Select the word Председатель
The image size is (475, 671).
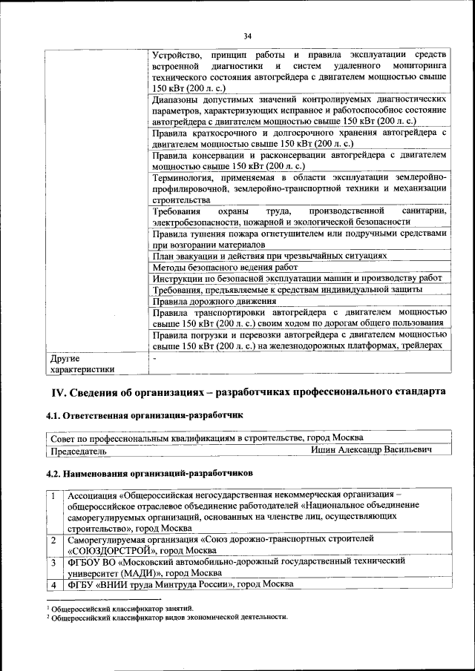pos(78,450)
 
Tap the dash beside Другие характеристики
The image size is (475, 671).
pos(154,358)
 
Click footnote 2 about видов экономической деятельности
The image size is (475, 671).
pos(166,617)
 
